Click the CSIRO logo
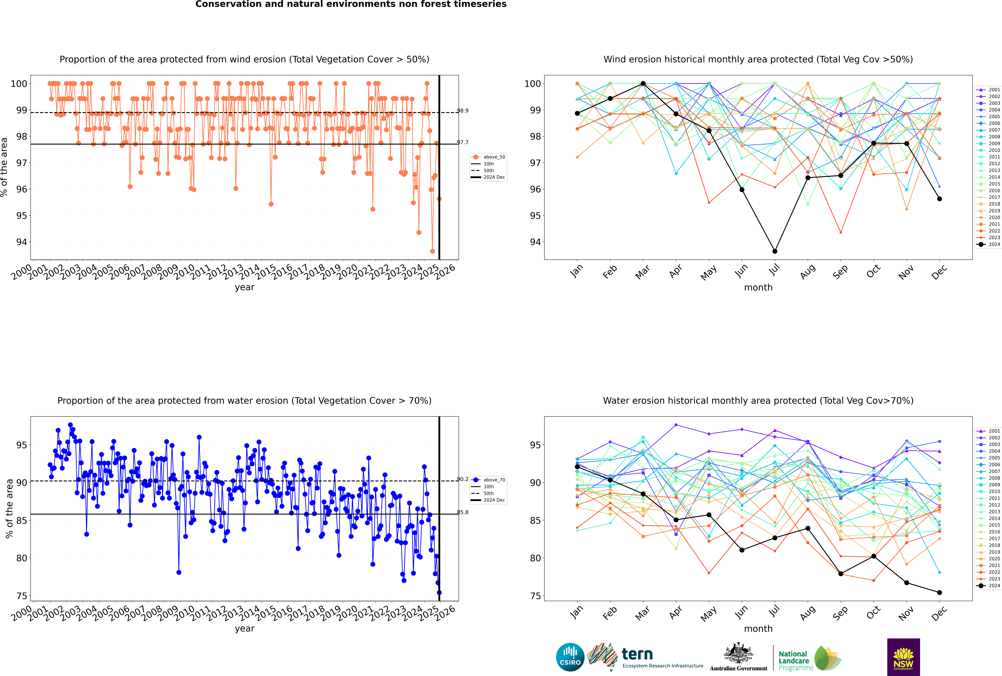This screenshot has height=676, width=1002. pyautogui.click(x=570, y=657)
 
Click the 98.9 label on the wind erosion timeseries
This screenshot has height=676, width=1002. pyautogui.click(x=463, y=111)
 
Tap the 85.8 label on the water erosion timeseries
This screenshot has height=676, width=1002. pyautogui.click(x=463, y=512)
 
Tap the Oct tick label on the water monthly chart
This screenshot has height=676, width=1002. pyautogui.click(x=873, y=612)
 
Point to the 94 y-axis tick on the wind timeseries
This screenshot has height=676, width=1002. pyautogui.click(x=21, y=242)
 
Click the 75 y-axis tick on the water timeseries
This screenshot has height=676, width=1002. pyautogui.click(x=21, y=596)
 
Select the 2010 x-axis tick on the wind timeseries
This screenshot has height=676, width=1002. pyautogui.click(x=184, y=273)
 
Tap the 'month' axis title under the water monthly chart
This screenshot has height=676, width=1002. pyautogui.click(x=758, y=629)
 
